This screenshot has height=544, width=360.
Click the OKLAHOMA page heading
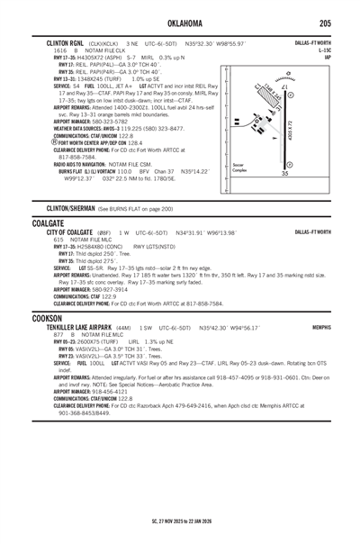180,22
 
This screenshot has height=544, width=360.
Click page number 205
335,22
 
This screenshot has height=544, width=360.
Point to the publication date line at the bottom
180,521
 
